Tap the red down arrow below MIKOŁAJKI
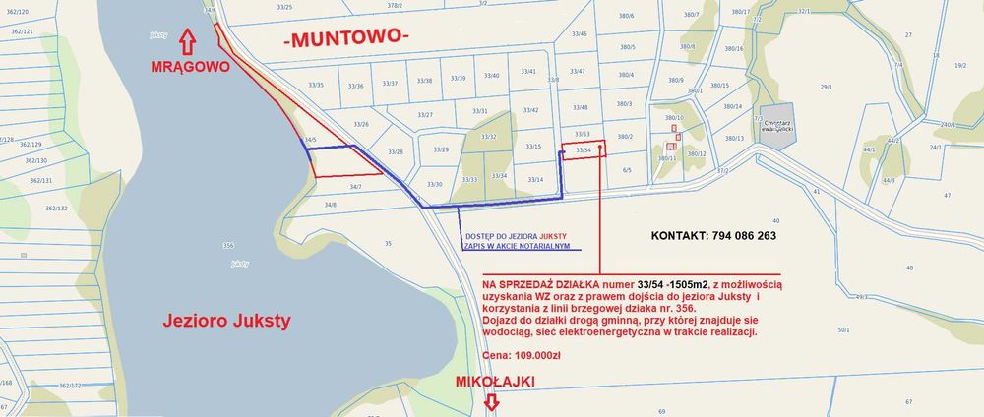pos(492,401)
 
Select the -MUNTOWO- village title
pos(345,39)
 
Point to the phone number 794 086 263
pos(714,236)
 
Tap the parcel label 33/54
pos(583,150)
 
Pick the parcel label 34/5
pos(311,140)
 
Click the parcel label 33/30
pos(434,184)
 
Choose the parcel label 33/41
pos(528,71)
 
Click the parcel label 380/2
pos(624,136)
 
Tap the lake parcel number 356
pos(228,245)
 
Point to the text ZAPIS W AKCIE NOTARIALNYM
pos(514,246)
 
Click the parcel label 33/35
pos(316,85)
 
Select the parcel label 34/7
pos(356,186)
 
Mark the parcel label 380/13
pos(734,138)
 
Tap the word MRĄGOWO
pos(189,68)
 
